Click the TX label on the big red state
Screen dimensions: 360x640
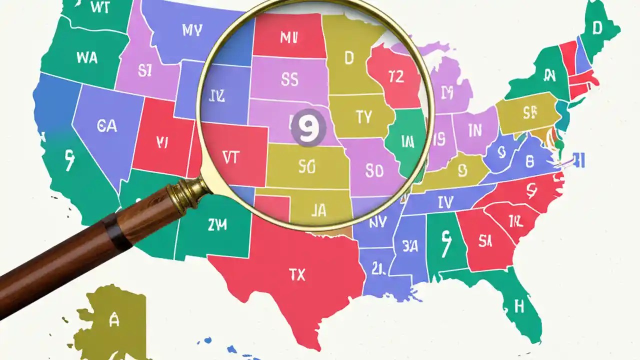[x=297, y=274]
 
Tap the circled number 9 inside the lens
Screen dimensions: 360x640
[x=309, y=128]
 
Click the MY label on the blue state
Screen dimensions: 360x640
[x=192, y=30]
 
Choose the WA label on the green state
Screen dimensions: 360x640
[x=87, y=57]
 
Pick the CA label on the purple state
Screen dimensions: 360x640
[x=107, y=125]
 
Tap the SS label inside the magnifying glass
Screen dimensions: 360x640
[x=290, y=78]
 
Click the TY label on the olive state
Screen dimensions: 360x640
[x=363, y=117]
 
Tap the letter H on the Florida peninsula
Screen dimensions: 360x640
[x=519, y=306]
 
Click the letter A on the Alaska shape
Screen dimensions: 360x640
[x=114, y=320]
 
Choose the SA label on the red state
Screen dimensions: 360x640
[x=485, y=241]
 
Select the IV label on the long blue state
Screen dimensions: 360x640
[x=444, y=202]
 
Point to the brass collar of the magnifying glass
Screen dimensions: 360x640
[x=188, y=193]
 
